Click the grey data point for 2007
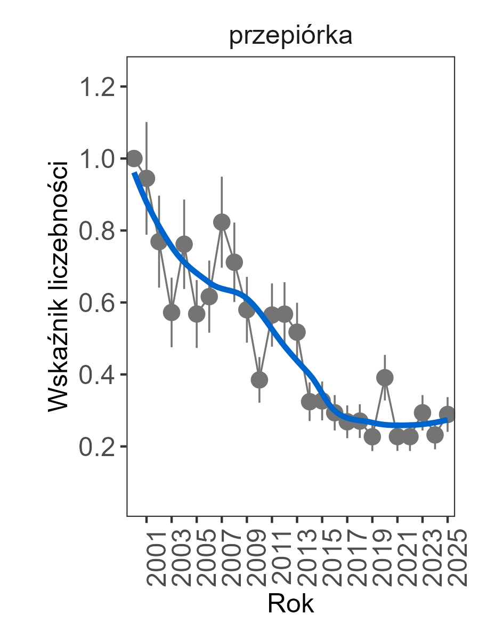click(x=222, y=222)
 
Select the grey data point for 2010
click(x=259, y=380)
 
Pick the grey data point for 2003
click(x=172, y=313)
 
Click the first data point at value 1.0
click(x=134, y=158)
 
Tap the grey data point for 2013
click(x=297, y=332)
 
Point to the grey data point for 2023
click(x=423, y=412)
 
